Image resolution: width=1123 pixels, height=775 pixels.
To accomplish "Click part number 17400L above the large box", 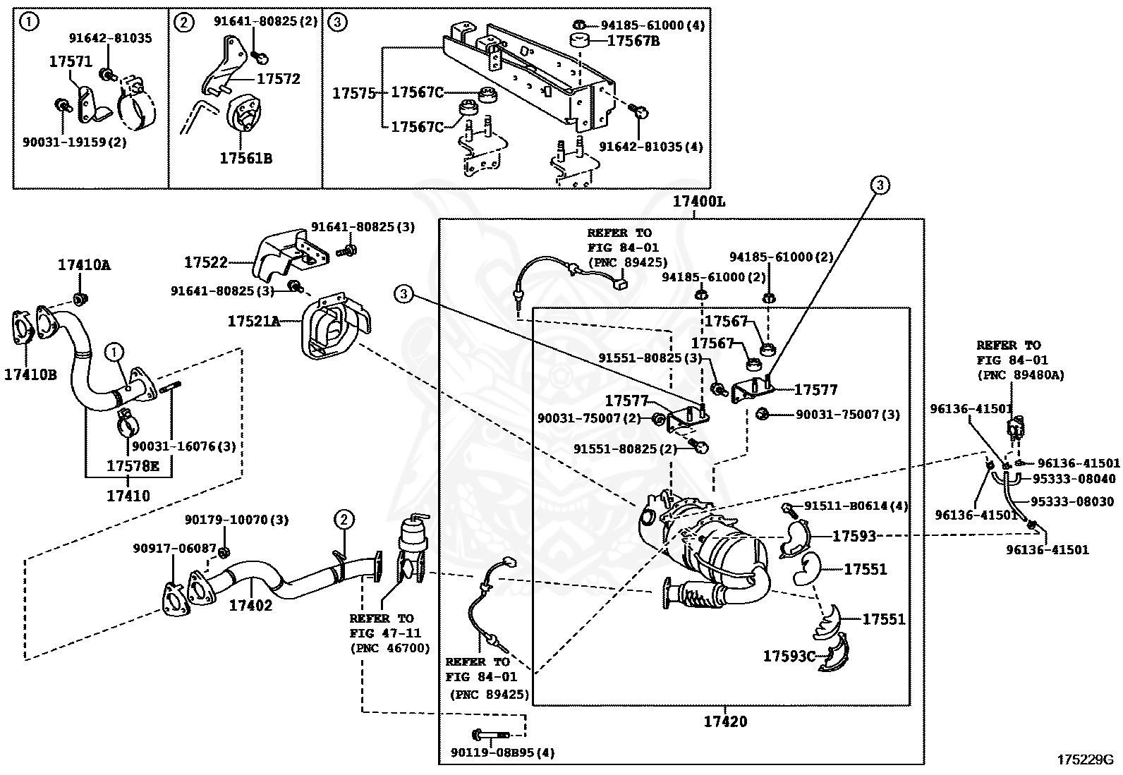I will coord(698,202).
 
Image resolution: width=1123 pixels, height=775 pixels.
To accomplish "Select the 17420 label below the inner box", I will coord(724,721).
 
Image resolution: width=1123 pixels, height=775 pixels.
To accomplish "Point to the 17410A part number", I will coord(84,265).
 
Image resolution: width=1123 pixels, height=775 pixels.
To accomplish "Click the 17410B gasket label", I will coord(30,374).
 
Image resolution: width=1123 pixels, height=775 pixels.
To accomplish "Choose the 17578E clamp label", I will coord(133,466).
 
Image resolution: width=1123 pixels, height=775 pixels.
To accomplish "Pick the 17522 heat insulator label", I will coord(206,262).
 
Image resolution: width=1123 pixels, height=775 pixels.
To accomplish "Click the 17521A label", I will coord(253,322).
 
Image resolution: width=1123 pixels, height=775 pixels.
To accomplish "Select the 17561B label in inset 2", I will coord(245,159).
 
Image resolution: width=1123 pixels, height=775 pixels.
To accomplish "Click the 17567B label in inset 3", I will coord(633,41).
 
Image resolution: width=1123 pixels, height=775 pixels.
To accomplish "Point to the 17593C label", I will coord(789,657).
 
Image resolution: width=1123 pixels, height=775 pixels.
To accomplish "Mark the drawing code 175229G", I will coord(1084,760).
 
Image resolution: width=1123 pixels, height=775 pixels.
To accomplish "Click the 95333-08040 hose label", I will coord(1077,479).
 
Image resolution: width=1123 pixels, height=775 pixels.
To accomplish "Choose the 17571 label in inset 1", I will coord(71,62).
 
